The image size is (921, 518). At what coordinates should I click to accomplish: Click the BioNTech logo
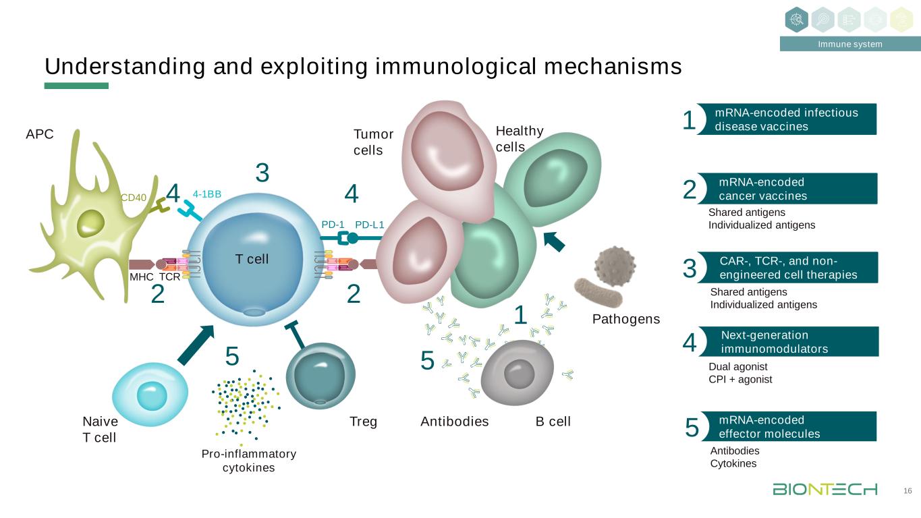(825, 489)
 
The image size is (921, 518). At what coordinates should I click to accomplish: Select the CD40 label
(133, 198)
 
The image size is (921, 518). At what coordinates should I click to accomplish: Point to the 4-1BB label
(207, 194)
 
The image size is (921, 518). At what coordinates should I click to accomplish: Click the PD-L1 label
(369, 224)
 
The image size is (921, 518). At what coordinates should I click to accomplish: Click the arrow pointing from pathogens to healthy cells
(554, 241)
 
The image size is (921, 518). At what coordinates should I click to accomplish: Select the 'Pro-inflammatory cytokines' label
(249, 460)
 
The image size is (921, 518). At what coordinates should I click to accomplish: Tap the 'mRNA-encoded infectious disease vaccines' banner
(787, 119)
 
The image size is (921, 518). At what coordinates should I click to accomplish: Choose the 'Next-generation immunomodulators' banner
(787, 342)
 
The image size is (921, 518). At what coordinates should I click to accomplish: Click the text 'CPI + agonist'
(739, 379)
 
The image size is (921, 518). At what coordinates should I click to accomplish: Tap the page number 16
(908, 490)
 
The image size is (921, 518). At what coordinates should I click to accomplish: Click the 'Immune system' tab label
(850, 45)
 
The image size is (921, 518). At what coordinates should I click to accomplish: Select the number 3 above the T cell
(262, 173)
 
